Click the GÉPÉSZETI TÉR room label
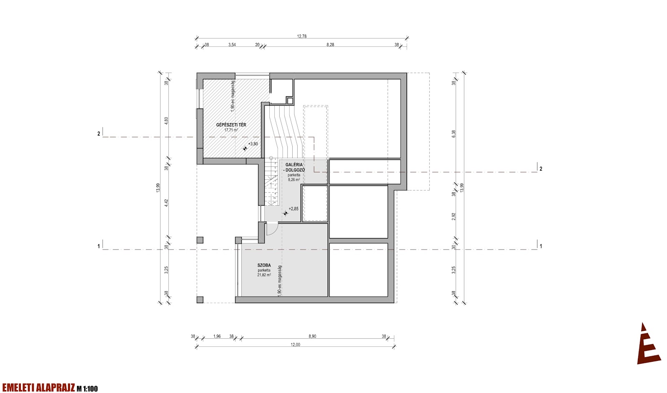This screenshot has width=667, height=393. [x=231, y=125]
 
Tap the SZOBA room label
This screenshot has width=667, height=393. [x=264, y=265]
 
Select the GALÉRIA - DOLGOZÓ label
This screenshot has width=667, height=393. [x=294, y=167]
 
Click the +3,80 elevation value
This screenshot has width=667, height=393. [x=253, y=144]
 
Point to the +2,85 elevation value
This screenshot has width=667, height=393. [x=293, y=209]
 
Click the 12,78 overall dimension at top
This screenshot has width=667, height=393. [x=302, y=36]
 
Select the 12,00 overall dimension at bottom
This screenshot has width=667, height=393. [x=296, y=345]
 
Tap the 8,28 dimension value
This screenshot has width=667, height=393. [x=330, y=45]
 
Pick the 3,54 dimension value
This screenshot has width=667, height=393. [x=232, y=45]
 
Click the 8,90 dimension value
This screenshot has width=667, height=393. [x=312, y=336]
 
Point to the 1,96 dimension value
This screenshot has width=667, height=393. [x=217, y=336]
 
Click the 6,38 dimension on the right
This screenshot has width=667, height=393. [x=454, y=134]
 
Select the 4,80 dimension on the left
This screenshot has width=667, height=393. [x=166, y=121]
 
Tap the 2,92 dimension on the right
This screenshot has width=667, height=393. [x=454, y=217]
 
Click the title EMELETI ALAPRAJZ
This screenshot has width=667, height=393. [x=38, y=388]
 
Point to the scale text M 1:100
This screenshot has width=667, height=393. [x=87, y=389]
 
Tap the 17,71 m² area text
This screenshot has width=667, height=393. [x=231, y=130]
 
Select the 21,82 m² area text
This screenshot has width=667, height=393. [x=264, y=275]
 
